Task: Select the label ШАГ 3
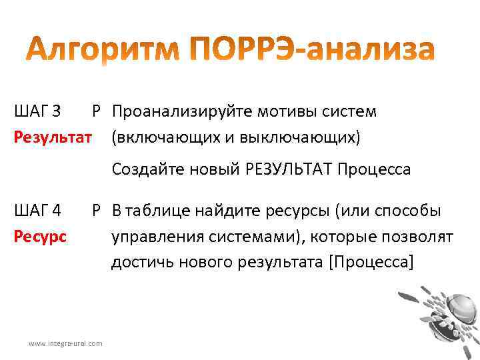coord(37,111)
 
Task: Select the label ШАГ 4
coord(37,211)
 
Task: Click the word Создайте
coord(143,169)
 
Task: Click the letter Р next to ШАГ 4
coord(97,211)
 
